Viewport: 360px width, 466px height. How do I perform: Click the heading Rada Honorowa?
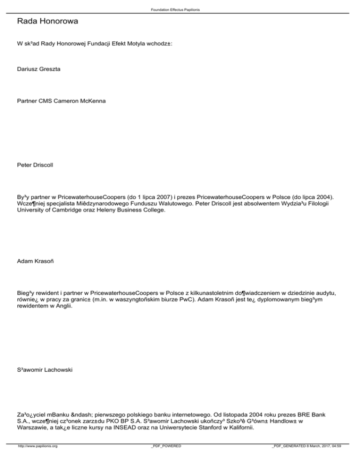click(46, 22)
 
